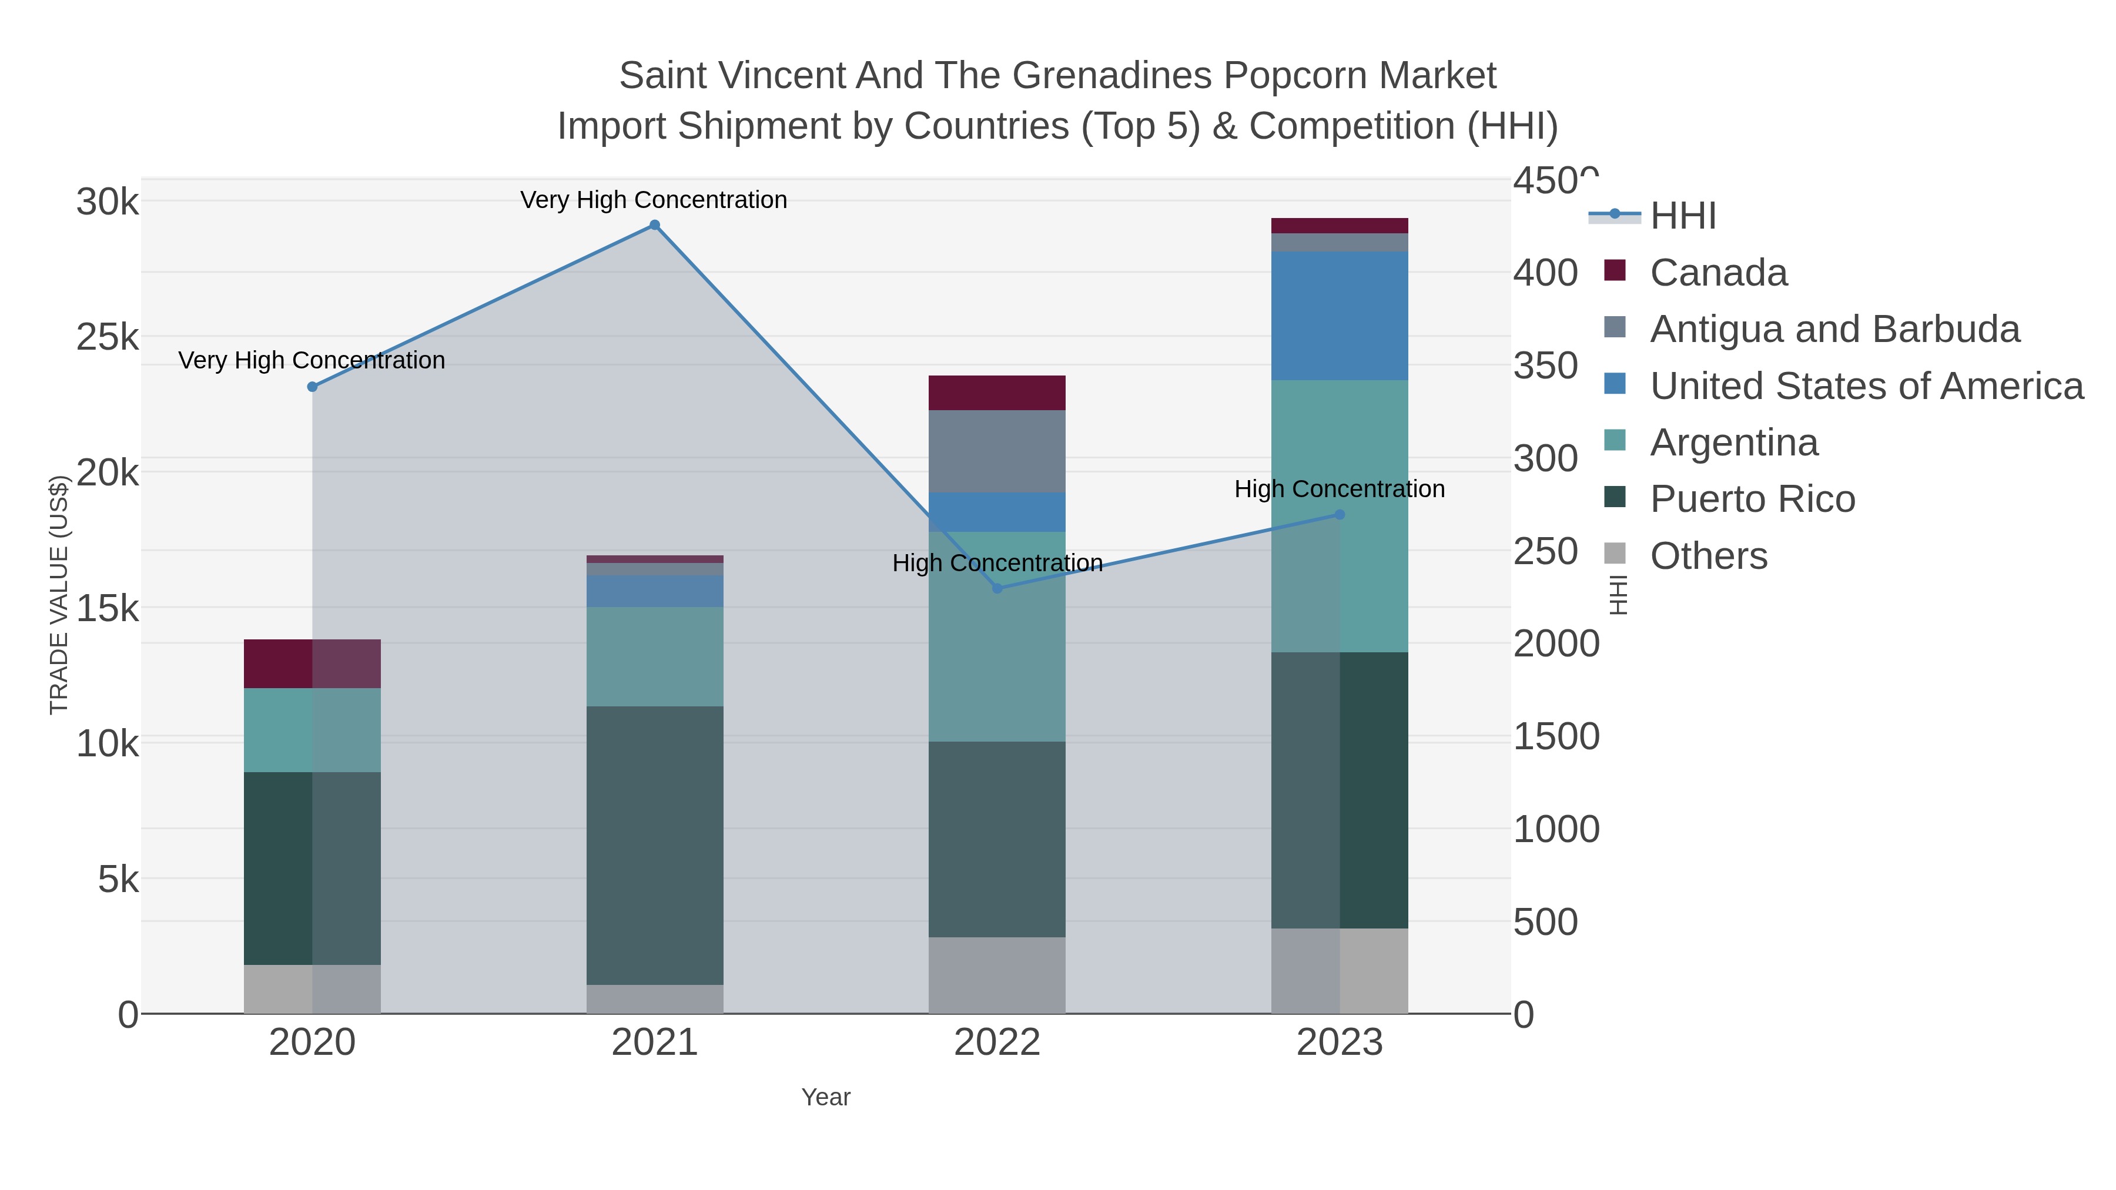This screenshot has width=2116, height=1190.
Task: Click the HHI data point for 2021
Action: click(x=655, y=225)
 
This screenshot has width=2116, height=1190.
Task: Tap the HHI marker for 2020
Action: click(x=312, y=387)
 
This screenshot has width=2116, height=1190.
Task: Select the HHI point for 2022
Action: click(x=997, y=588)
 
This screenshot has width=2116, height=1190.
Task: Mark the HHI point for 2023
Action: click(x=1340, y=515)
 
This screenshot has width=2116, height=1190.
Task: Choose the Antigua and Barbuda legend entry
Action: click(x=1834, y=329)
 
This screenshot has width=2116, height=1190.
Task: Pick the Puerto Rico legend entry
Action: click(x=1752, y=500)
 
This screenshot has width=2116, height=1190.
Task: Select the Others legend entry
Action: click(x=1709, y=556)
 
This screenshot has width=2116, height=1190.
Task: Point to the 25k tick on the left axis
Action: click(x=108, y=337)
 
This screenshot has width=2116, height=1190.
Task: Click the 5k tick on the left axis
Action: click(x=118, y=880)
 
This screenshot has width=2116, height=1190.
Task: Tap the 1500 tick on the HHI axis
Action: click(x=1556, y=737)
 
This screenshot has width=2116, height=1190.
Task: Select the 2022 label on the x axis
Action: click(x=997, y=1043)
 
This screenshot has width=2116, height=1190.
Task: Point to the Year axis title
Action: click(x=826, y=1097)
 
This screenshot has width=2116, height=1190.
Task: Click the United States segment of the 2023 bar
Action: click(x=1340, y=316)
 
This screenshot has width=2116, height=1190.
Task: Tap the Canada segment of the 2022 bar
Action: click(x=997, y=393)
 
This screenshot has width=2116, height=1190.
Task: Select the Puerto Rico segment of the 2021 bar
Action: click(x=655, y=846)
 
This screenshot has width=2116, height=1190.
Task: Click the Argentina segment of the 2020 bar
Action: click(x=312, y=730)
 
